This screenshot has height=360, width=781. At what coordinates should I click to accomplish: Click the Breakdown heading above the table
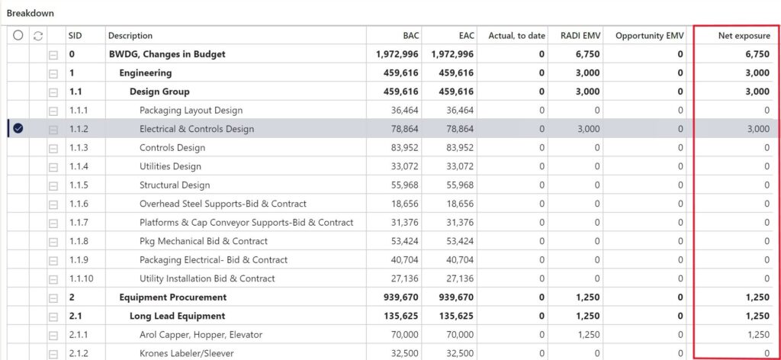tap(31, 13)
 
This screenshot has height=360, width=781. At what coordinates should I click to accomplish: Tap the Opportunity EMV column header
tap(649, 35)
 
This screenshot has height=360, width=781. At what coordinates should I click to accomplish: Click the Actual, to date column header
tap(516, 35)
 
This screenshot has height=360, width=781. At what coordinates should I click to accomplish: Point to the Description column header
tap(130, 35)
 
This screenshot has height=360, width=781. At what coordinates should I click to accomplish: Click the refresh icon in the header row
tap(38, 35)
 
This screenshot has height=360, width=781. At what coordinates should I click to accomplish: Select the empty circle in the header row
tap(18, 35)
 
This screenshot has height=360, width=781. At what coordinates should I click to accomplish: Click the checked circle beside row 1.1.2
tap(18, 129)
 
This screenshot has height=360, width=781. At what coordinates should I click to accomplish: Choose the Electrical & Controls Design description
tap(197, 129)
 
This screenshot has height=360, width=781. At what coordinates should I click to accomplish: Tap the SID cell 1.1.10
tap(81, 278)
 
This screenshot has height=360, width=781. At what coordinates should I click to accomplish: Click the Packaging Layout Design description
tap(191, 111)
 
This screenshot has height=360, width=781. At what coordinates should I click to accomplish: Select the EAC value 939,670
tap(452, 297)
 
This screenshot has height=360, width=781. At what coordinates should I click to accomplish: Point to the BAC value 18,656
tap(403, 204)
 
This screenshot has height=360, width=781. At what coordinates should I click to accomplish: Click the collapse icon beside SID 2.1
tap(53, 316)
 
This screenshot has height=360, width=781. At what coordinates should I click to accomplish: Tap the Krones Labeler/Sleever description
tap(187, 353)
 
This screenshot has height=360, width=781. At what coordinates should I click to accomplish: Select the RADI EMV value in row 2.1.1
tap(589, 334)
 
